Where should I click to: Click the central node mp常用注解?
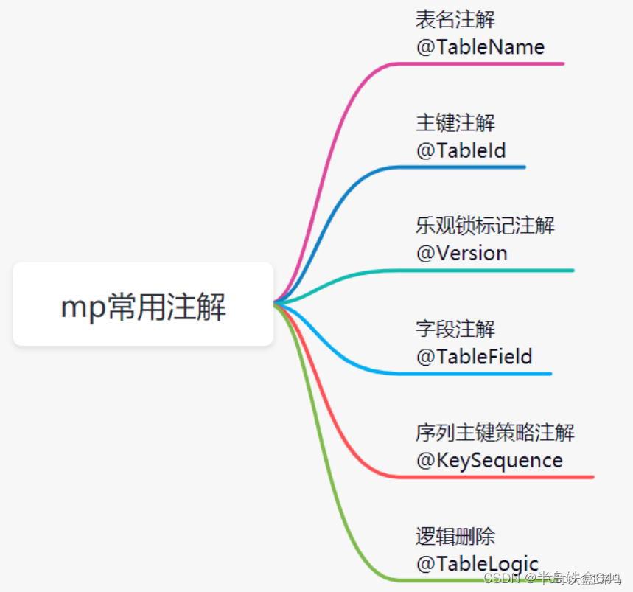pos(143,304)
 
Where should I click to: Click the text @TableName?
pos(480,47)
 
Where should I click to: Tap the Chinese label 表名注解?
pos(455,20)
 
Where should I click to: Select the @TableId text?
pos(461,150)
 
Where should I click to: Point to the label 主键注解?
pos(455,123)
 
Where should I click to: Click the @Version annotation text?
pos(461,254)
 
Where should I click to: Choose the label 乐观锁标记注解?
pos(485,226)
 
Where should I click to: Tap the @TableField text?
pos(474,357)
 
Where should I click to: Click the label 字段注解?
pos(455,330)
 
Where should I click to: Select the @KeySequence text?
pos(489,461)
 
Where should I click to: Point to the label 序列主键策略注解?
pos(494,433)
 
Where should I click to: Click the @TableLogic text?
pos(477,564)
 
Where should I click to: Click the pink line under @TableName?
pos(479,64)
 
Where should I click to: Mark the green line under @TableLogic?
pos(442,579)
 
